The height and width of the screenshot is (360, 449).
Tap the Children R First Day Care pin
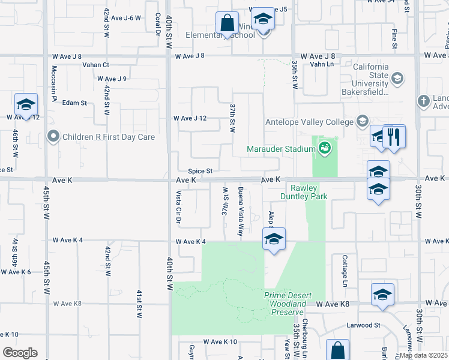(54, 137)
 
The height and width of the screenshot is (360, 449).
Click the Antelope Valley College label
(309, 122)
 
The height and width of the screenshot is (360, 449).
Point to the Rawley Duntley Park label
(303, 191)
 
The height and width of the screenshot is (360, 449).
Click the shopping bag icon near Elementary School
(228, 25)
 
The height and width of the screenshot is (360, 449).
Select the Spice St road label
(200, 171)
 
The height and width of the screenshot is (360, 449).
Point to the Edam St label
(74, 103)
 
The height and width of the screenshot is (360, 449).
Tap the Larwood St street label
(364, 325)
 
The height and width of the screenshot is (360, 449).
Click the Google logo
(20, 352)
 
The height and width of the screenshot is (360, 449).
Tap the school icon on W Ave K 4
(274, 240)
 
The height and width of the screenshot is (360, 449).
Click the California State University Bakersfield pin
(397, 79)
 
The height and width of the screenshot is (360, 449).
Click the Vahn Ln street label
(321, 65)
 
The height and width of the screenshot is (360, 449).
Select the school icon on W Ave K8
(382, 295)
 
